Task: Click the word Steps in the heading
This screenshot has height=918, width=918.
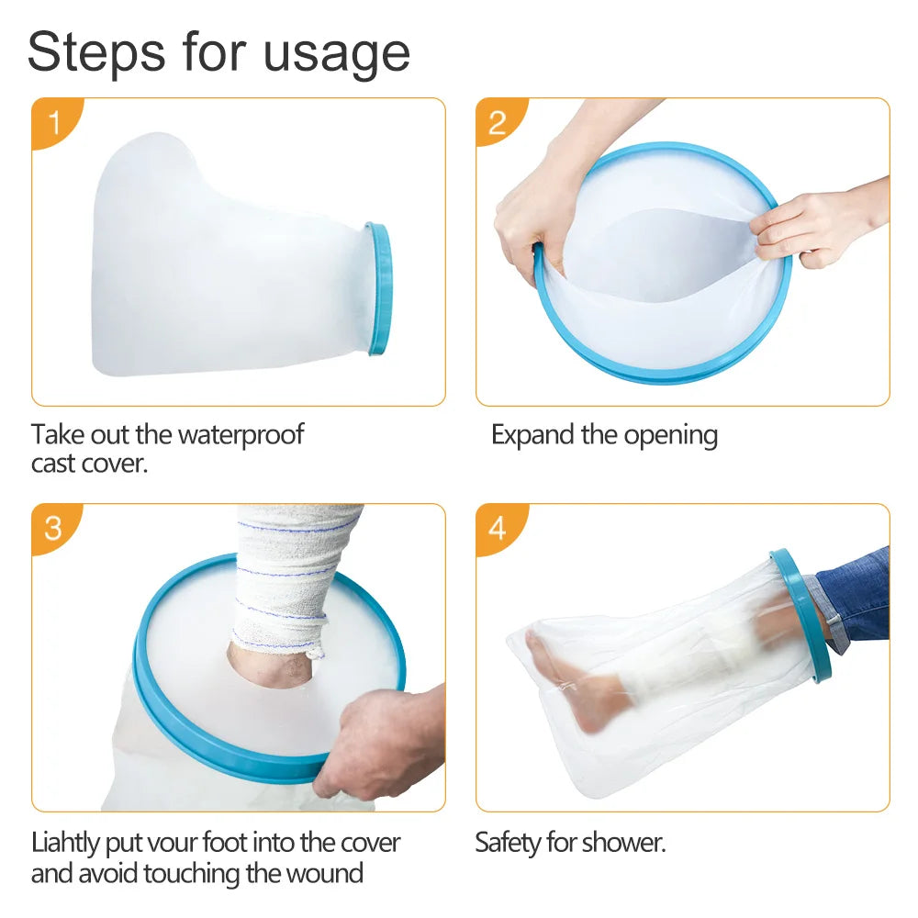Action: (96, 52)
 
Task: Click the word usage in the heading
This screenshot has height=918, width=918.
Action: (337, 57)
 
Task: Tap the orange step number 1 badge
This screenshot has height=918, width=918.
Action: (56, 123)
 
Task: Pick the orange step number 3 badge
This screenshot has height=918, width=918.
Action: (55, 528)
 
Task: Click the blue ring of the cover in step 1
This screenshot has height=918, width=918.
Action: (379, 288)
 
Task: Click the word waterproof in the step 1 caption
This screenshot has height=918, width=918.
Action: (241, 435)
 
